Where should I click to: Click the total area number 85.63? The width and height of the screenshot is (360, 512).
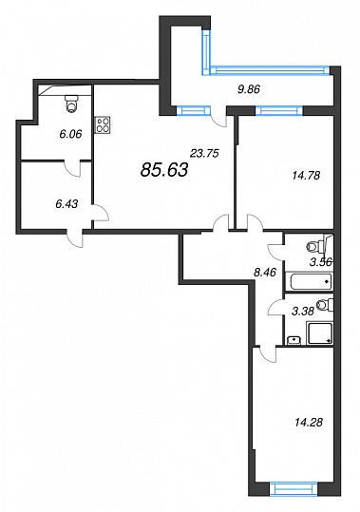coord(164,170)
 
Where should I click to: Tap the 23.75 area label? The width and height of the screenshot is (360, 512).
coord(204,153)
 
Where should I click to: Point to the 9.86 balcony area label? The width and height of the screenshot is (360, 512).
coord(249,89)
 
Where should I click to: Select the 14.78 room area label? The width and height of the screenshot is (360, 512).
coord(306,176)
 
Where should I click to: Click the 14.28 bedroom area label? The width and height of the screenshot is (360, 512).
coord(309,423)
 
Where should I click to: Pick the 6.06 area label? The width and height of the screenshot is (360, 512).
coord(70,134)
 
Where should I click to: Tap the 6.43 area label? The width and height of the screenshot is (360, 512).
coord(66,204)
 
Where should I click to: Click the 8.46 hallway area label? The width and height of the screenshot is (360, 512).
coord(265,272)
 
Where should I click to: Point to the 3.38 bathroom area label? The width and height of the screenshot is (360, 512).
coord(303,312)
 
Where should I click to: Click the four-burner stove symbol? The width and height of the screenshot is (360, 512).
coord(103,124)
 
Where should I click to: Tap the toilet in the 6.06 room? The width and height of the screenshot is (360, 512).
coord(71,104)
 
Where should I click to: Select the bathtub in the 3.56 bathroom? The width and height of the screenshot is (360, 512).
coord(309,281)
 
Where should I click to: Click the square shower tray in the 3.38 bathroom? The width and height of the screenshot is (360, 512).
coord(320,332)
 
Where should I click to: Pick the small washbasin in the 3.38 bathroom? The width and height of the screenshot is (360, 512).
coord(294,341)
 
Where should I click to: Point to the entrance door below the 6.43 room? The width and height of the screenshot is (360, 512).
coord(75,237)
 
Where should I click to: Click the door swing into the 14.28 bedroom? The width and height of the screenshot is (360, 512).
coord(268,354)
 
